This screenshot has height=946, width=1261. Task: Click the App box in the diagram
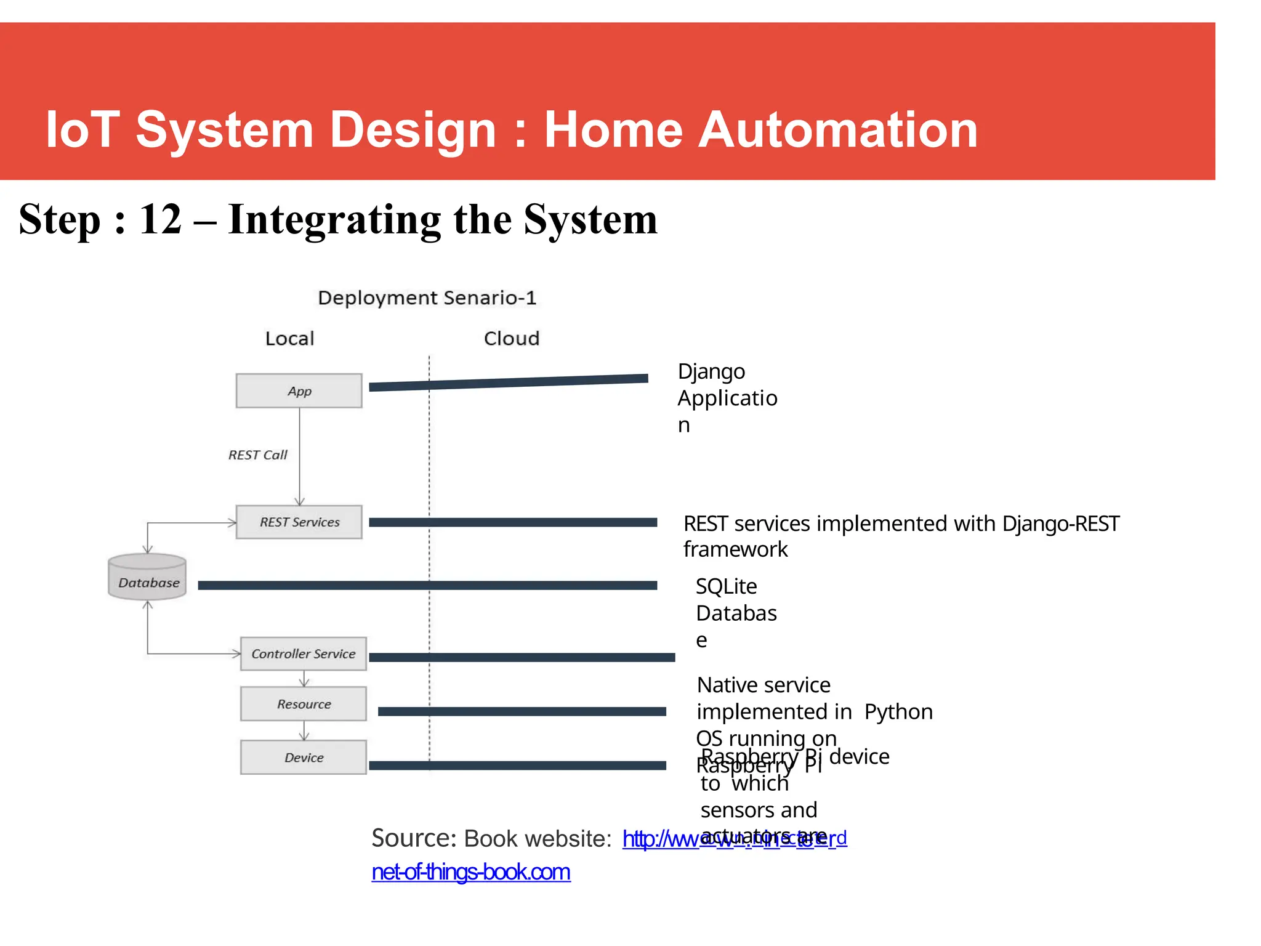point(299,390)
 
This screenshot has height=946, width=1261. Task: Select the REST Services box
point(299,522)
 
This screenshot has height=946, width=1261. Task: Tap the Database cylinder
point(148,578)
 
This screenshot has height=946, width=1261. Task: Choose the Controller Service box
point(303,653)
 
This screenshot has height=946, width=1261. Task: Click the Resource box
point(303,704)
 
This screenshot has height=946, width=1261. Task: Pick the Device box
point(303,758)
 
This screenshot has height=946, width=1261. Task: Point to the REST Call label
point(257,455)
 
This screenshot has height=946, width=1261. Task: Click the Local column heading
point(289,338)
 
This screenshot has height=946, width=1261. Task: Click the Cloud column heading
point(511,338)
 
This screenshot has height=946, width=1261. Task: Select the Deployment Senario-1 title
point(427,298)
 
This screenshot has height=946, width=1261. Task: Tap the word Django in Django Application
point(711,372)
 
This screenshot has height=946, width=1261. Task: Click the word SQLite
point(726,586)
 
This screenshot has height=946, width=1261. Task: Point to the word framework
point(735,549)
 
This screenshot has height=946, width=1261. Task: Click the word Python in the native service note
point(898,712)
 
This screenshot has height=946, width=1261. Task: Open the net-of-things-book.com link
point(471,872)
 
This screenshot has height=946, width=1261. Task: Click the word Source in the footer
point(413,838)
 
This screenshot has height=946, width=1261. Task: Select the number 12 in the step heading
point(161,219)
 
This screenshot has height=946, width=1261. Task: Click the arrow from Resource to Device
point(304,730)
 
